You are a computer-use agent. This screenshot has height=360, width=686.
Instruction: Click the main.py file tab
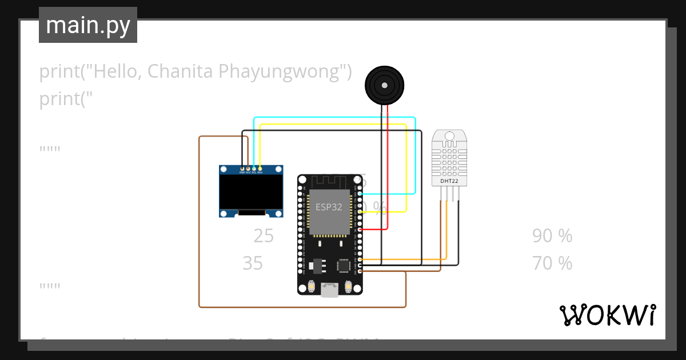pyautogui.click(x=87, y=25)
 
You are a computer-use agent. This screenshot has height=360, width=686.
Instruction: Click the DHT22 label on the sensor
pyautogui.click(x=449, y=181)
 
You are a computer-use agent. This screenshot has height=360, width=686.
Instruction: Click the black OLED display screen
pyautogui.click(x=252, y=192)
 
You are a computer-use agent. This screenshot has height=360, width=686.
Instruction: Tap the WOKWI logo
pyautogui.click(x=607, y=315)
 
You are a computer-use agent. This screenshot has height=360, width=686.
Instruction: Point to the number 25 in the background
pyautogui.click(x=264, y=235)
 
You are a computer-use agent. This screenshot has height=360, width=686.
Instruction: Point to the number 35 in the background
pyautogui.click(x=253, y=263)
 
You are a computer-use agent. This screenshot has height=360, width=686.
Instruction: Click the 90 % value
pyautogui.click(x=552, y=235)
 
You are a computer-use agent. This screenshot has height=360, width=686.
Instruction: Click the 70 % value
pyautogui.click(x=552, y=263)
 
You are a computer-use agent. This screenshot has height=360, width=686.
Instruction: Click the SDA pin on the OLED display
pyautogui.click(x=260, y=169)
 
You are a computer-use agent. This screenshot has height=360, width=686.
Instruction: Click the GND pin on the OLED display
pyautogui.click(x=242, y=169)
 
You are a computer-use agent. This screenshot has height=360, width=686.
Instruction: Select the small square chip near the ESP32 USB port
pyautogui.click(x=344, y=266)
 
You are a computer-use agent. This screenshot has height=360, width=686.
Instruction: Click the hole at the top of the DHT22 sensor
pyautogui.click(x=449, y=136)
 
